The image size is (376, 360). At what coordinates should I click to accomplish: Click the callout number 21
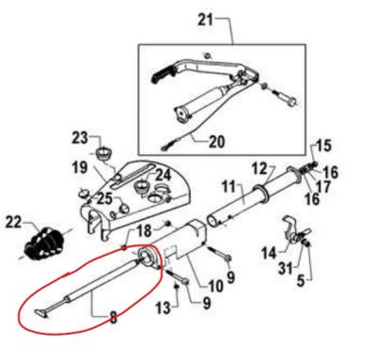click(206, 19)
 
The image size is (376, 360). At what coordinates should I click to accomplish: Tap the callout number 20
click(216, 143)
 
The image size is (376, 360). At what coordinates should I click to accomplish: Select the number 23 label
click(80, 138)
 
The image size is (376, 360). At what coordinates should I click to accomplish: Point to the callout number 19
click(80, 168)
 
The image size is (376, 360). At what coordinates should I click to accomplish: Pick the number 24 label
click(162, 175)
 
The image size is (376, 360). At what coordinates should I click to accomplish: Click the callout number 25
click(104, 198)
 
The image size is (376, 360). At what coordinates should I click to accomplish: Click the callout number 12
click(260, 167)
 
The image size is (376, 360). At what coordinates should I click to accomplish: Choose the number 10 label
click(213, 285)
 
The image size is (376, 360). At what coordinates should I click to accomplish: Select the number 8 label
click(113, 317)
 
